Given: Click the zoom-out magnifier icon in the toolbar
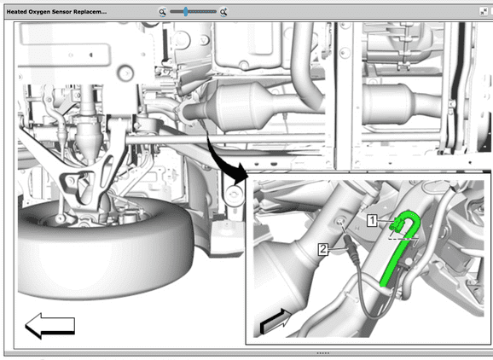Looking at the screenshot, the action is [162, 12].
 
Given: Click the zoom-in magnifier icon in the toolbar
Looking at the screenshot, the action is [223, 12].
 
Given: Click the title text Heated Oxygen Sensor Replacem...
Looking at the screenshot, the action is [56, 12].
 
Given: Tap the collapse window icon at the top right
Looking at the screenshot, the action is [484, 12].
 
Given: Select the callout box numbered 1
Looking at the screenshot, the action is [372, 220].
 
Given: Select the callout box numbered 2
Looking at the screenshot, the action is [323, 249].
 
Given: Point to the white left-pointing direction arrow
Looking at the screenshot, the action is [49, 326].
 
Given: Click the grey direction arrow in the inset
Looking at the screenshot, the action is [275, 321].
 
